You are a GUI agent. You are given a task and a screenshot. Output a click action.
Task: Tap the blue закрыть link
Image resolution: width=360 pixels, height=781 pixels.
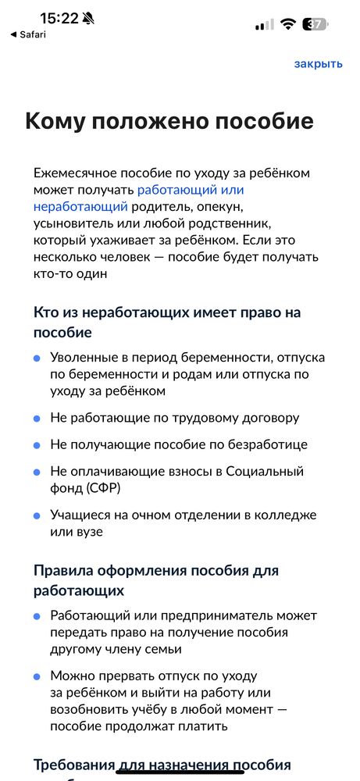318,64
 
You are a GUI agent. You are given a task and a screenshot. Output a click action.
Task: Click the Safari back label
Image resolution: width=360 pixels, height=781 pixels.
30,35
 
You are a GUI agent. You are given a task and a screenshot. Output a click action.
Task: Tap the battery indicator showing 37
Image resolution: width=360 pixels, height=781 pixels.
315,24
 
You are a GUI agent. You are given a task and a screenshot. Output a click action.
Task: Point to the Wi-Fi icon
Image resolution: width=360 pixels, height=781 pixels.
288,24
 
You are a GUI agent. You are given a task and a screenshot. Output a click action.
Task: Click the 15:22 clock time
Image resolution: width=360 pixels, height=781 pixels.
59,18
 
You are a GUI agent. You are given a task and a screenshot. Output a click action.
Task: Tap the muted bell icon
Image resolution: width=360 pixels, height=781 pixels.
87,18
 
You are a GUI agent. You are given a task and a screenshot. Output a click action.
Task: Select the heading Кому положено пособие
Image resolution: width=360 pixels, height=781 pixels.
169,121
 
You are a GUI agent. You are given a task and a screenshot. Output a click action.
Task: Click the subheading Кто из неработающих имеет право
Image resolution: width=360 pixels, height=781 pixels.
167,312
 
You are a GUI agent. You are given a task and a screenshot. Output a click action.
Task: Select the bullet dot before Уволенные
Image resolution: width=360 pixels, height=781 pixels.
37,358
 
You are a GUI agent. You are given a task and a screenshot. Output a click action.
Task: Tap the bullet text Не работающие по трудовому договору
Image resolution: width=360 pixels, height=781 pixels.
174,418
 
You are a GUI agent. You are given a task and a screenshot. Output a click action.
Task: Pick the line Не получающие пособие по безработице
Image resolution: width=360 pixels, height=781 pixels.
179,444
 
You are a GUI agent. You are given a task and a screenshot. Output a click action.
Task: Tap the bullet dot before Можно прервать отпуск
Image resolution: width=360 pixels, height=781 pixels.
37,675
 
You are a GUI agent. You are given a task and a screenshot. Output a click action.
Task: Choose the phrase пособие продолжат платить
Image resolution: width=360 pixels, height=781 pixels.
139,726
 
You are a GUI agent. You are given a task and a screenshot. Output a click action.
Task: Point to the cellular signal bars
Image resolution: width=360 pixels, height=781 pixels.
265,24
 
